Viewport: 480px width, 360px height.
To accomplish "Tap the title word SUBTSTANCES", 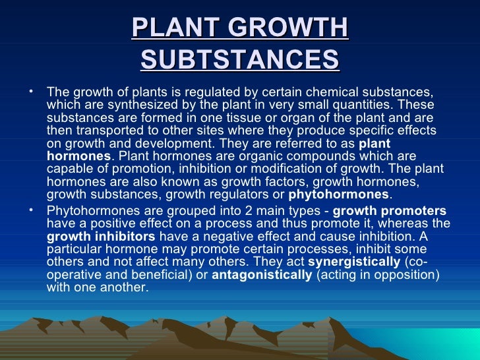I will [x=240, y=60].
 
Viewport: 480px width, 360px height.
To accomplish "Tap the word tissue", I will [x=225, y=118].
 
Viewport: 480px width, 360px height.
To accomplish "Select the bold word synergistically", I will [x=353, y=262].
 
